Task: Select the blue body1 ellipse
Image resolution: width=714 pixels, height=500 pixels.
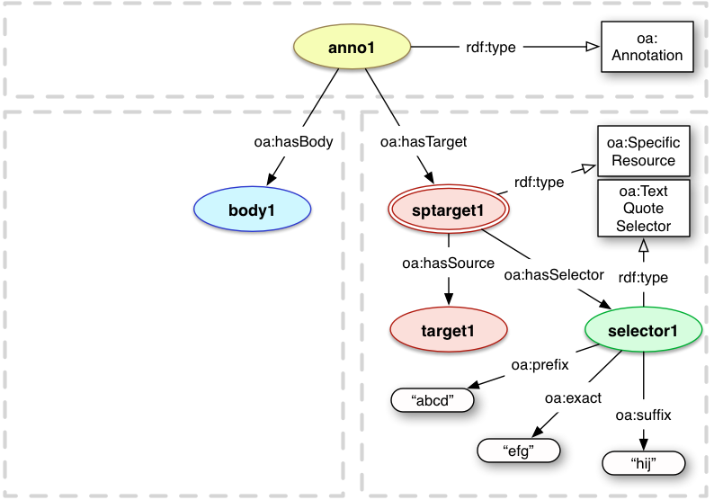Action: coord(253,210)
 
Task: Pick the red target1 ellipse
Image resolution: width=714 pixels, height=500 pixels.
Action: coord(447,330)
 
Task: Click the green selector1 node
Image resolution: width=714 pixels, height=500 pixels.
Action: coord(642,331)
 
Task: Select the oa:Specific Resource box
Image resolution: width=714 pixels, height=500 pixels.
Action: coord(643,151)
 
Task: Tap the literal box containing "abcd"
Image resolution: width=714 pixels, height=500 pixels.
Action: coord(432,399)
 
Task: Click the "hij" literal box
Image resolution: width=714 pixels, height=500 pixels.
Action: coord(642,463)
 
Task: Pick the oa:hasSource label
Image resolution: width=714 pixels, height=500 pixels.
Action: coord(449,263)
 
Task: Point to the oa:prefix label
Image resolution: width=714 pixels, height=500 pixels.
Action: coord(538,365)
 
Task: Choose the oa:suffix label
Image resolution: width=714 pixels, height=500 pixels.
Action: coord(643,415)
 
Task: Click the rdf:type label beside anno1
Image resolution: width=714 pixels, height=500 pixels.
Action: coord(490,47)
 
